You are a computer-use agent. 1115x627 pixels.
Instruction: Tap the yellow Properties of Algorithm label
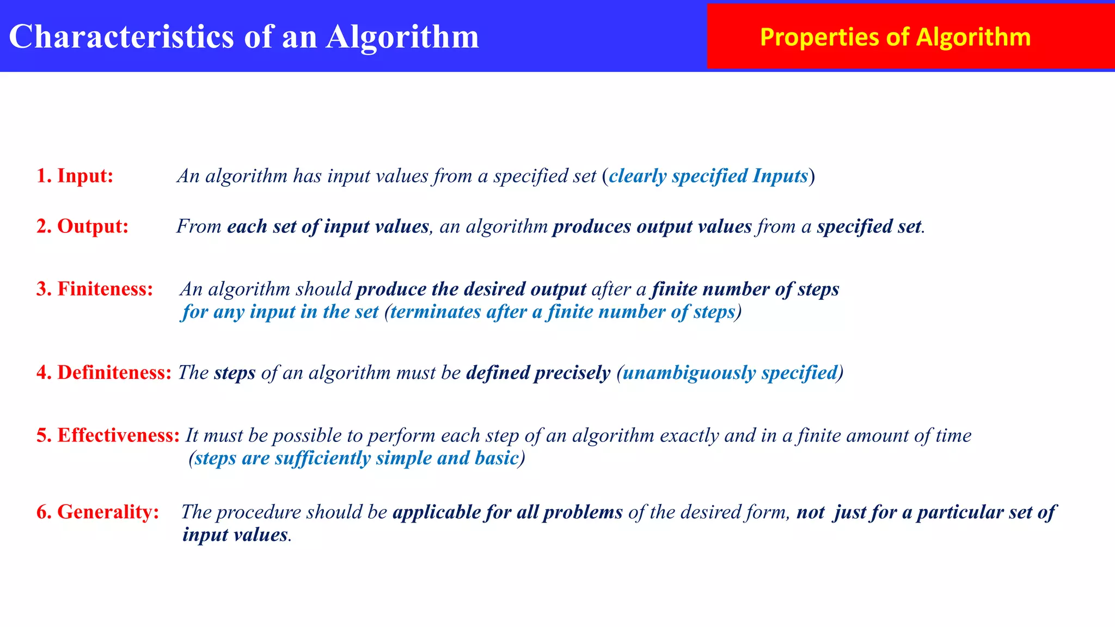[x=895, y=37]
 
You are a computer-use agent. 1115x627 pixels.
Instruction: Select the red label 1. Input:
[x=75, y=176]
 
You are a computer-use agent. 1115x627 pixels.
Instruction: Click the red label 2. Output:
[x=82, y=226]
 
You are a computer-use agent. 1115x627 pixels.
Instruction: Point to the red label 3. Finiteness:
[x=95, y=289]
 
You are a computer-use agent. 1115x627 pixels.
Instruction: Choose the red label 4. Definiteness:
[x=103, y=373]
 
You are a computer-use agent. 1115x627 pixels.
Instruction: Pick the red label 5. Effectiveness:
[x=108, y=435]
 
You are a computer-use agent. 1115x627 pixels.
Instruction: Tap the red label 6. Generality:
[x=97, y=512]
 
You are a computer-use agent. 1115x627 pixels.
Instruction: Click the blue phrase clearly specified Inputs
[x=708, y=176]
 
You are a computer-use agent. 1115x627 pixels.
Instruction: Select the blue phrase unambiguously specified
[x=730, y=373]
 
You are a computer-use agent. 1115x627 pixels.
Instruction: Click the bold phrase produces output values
[x=652, y=226]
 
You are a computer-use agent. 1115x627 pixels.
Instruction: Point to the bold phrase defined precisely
[x=538, y=373]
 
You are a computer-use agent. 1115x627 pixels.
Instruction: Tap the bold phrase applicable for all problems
[x=507, y=512]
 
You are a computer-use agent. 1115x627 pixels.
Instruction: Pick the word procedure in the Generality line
[x=259, y=512]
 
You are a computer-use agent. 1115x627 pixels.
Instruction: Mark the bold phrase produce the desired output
[x=471, y=289]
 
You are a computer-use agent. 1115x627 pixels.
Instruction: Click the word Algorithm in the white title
[x=402, y=37]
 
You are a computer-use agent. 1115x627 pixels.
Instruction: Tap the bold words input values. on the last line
[x=237, y=535]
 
